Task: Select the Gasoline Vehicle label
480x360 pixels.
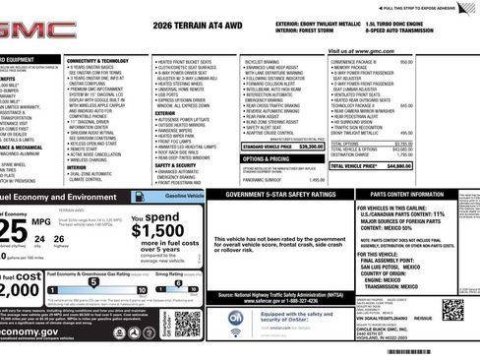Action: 185,197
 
